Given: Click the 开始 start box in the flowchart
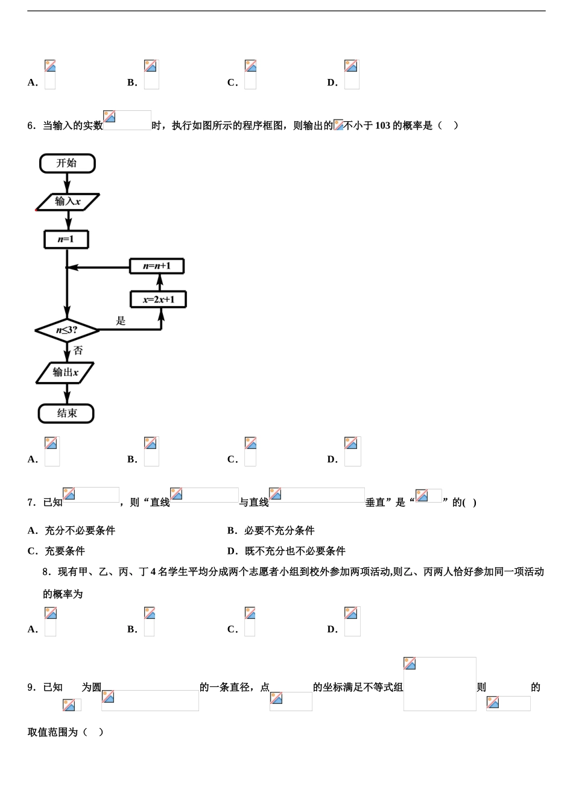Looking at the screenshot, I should coord(67,163).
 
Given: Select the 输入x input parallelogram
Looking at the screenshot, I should coord(68,202).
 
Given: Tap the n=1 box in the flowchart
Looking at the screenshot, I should coord(66,239).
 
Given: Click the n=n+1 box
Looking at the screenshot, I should coord(157,266).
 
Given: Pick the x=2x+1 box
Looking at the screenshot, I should coord(159,300).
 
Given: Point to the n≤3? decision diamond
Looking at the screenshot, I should coord(67,330).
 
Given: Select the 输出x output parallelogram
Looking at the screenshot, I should coord(65,372).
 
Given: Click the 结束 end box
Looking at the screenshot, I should coord(66,413).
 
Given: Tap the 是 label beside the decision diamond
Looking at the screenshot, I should coord(121,321).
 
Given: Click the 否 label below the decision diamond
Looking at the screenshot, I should coord(78,351).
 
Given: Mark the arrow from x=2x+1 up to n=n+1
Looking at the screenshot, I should coord(160,282).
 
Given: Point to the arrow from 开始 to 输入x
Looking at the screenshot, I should coord(67,183).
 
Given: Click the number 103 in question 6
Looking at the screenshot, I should coord(382,126).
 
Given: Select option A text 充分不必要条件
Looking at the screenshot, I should coord(80,531).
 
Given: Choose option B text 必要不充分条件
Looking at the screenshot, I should coord(279,531).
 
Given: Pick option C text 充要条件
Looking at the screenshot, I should coord(65,551).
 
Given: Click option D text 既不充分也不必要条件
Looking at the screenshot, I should coord(295,551).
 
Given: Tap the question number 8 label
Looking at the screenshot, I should coord(46,572).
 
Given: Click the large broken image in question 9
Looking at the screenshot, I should coord(440,684).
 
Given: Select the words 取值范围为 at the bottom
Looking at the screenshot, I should coord(53,732).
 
